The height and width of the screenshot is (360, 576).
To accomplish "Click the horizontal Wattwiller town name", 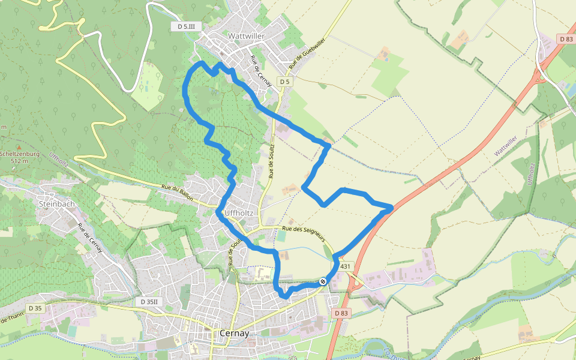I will coord(246,36).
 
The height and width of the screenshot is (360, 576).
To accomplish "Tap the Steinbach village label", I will coord(56,204).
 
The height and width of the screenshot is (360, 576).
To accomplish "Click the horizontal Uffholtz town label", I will coord(238,213).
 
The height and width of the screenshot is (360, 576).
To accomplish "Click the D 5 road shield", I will coord(284,82).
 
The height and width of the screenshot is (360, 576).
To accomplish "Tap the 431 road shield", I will coord(344,266).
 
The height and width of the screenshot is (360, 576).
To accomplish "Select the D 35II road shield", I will coord(149,302).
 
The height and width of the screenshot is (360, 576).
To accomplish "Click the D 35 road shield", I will coord(35,308).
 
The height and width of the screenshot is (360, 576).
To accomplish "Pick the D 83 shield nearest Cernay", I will coord(341,313).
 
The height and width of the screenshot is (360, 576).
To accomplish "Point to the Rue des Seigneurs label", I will coord(302,229).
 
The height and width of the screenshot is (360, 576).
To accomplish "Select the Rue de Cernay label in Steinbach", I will coord(89,238).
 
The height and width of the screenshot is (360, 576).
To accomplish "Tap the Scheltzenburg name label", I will coord(20,154).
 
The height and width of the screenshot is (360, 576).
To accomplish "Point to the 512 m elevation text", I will coord(20,161).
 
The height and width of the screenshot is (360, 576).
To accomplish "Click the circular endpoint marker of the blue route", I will coord(323,281).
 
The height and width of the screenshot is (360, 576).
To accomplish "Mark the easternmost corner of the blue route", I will coord(392,208).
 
